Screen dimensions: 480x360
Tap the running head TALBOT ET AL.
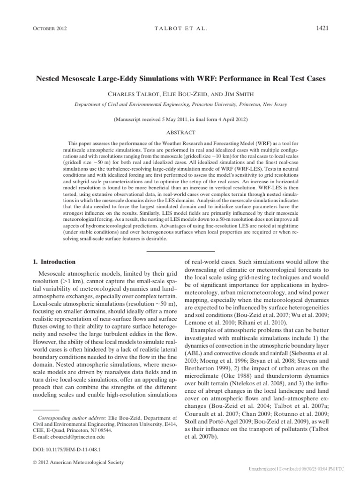click(180, 29)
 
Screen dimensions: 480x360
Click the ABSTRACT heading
click(180, 133)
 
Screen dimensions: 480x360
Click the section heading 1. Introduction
click(56, 262)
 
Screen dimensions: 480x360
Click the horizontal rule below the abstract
click(180, 252)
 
